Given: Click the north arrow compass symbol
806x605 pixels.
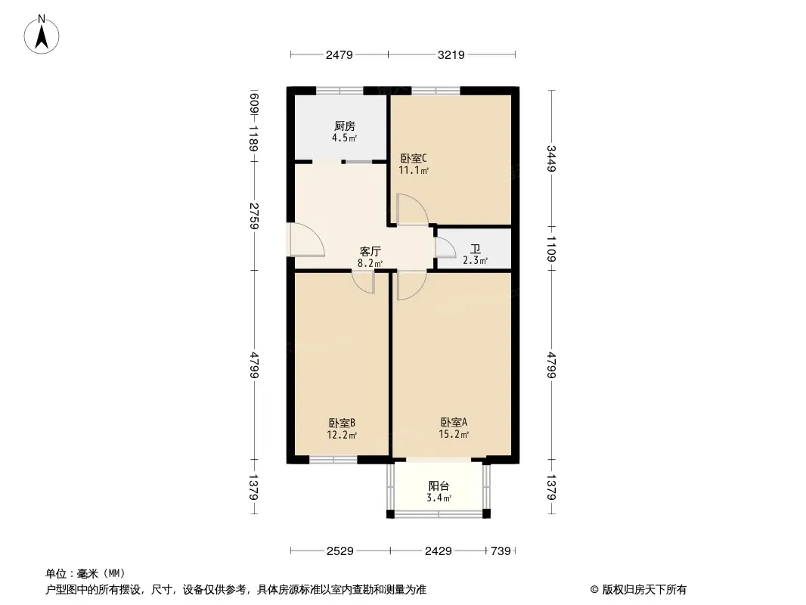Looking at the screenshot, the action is click(42, 35).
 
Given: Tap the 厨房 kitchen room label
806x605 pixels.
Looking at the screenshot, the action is click(344, 126).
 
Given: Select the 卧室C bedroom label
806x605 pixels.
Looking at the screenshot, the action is click(414, 158).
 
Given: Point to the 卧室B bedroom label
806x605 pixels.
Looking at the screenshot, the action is click(342, 423).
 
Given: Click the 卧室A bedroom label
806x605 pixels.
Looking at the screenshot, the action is click(454, 423).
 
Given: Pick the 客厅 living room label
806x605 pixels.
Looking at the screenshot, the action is click(370, 251).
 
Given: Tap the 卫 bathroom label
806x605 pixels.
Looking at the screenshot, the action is click(475, 250).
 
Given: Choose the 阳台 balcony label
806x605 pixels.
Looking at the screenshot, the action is click(439, 486).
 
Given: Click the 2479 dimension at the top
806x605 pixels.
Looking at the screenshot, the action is click(339, 54).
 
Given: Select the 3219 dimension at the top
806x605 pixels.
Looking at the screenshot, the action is click(451, 54).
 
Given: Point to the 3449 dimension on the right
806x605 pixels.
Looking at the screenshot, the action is click(551, 158).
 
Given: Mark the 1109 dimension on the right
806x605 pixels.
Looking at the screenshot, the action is click(551, 248).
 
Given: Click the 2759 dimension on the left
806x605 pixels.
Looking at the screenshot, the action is click(254, 216).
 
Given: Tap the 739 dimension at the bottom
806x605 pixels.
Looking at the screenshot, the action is click(501, 551).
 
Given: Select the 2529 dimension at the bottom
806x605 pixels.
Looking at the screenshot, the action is click(340, 551).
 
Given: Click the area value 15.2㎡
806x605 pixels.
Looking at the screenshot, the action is click(454, 435).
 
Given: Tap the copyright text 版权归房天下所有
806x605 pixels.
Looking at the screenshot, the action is click(644, 590).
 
